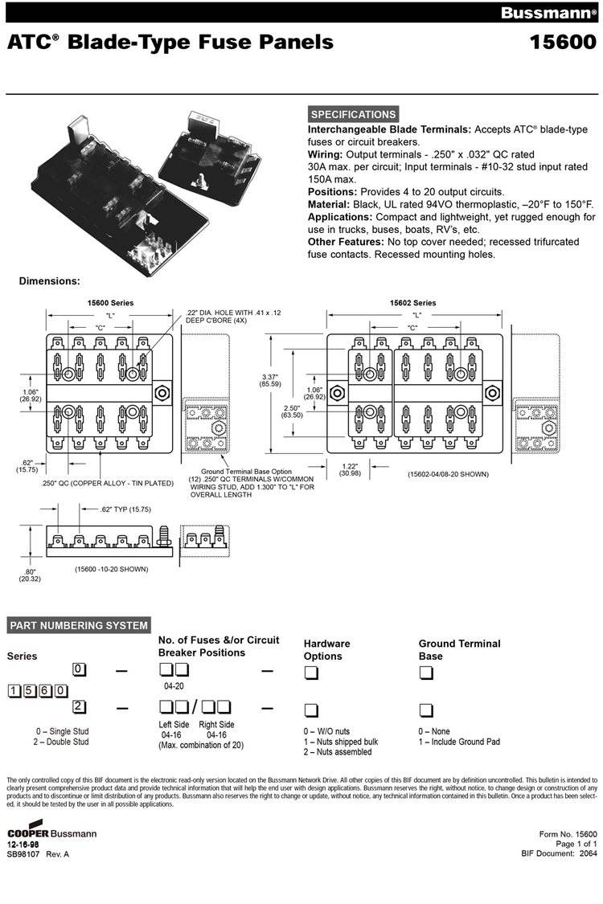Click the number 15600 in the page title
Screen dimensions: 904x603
[562, 42]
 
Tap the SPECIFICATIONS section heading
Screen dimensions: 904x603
[353, 114]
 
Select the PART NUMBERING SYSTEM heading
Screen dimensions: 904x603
[78, 625]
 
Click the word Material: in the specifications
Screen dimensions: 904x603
[333, 204]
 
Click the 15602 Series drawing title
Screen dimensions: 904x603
[412, 303]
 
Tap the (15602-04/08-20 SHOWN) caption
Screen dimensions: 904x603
[449, 474]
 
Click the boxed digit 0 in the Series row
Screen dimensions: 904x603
[78, 669]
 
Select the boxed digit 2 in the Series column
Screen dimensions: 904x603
[78, 707]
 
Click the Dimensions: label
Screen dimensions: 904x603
[49, 281]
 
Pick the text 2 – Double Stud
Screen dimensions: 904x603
[62, 742]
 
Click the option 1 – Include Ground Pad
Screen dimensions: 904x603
[458, 742]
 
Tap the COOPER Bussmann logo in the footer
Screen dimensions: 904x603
[51, 833]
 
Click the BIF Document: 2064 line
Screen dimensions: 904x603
[559, 853]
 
